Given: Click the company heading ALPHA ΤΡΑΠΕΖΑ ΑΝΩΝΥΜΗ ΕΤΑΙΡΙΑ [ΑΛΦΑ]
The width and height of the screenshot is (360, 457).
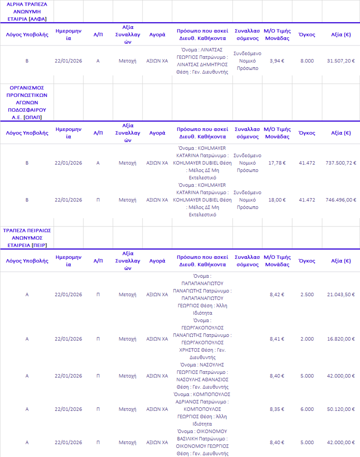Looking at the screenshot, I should pyautogui.click(x=27, y=12).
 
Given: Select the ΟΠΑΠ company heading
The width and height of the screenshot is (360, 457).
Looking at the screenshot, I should pyautogui.click(x=27, y=102).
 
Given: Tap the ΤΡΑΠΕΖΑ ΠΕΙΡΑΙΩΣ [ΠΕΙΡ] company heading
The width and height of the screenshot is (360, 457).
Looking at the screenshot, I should pyautogui.click(x=27, y=238).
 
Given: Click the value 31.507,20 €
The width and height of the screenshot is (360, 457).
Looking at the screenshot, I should pyautogui.click(x=341, y=61).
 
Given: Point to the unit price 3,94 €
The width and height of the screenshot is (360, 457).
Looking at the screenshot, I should pyautogui.click(x=277, y=61).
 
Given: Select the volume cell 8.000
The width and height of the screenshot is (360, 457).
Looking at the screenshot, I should pyautogui.click(x=307, y=61).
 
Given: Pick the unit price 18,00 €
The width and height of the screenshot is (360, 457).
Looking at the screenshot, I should pyautogui.click(x=277, y=200).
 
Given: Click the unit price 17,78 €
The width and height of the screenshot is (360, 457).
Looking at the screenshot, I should pyautogui.click(x=277, y=163).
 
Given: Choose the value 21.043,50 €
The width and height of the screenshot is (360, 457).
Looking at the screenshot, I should pyautogui.click(x=341, y=294).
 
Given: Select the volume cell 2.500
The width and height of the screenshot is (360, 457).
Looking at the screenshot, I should pyautogui.click(x=307, y=294).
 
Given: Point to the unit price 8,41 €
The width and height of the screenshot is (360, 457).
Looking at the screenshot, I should pyautogui.click(x=277, y=339).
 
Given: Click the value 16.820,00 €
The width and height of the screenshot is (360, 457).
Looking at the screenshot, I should pyautogui.click(x=341, y=339).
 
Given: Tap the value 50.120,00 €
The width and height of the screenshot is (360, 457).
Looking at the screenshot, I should pyautogui.click(x=341, y=409).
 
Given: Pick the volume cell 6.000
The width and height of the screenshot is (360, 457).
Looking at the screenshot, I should pyautogui.click(x=307, y=409).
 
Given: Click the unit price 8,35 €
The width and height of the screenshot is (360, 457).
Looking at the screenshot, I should pyautogui.click(x=277, y=409).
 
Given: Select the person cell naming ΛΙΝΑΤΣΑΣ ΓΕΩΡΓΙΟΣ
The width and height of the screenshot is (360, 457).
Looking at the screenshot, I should pyautogui.click(x=202, y=61).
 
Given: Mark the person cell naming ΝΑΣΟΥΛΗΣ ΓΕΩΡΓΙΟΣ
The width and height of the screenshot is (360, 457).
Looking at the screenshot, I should pyautogui.click(x=202, y=376).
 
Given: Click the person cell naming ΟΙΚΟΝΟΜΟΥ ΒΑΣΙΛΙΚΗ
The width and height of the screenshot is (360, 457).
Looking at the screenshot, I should pyautogui.click(x=202, y=442).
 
